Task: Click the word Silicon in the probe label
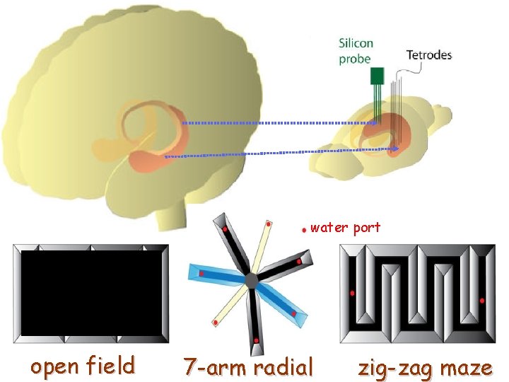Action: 356,44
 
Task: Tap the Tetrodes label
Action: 428,54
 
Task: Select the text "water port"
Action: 345,228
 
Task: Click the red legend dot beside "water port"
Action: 303,229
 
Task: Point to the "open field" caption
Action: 82,366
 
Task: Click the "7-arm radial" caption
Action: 248,368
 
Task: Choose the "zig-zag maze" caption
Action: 425,368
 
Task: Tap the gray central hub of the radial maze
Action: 251,281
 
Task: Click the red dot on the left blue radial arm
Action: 201,273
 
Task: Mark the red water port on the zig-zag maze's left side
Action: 352,293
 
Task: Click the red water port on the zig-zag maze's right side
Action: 482,301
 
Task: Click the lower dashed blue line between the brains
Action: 283,153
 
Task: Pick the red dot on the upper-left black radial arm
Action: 225,230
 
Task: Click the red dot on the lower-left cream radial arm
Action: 215,323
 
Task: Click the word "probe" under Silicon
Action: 355,59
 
